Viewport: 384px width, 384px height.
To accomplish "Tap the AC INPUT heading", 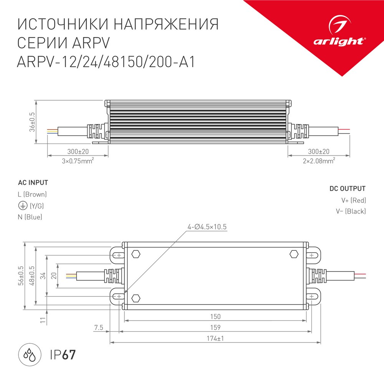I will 33,182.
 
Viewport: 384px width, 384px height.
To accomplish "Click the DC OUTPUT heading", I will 347,189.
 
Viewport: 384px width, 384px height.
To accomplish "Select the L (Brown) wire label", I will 32,195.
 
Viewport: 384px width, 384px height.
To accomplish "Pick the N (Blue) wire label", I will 30,217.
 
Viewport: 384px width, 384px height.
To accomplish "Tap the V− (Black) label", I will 350,211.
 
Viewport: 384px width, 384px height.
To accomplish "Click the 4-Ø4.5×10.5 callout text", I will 207,227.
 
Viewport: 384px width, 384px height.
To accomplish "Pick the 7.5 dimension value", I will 99,328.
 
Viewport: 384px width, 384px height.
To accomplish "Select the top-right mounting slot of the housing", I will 313,255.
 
